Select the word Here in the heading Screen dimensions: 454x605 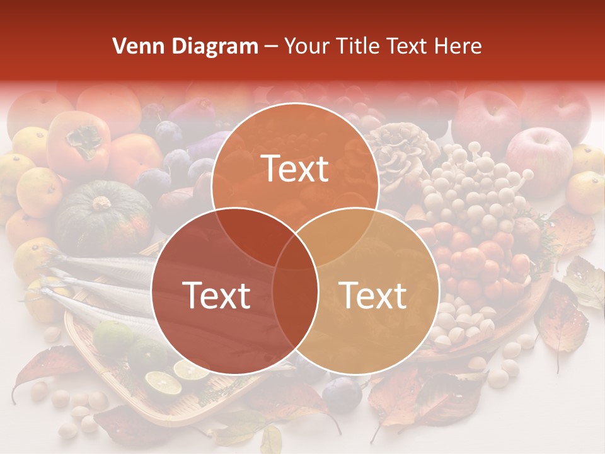(x=459, y=46)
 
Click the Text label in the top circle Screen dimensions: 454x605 (x=295, y=168)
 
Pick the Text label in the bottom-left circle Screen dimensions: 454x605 (x=216, y=295)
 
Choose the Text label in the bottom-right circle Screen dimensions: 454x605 (x=372, y=295)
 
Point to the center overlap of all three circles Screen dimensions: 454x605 (x=295, y=252)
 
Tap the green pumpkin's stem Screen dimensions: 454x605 (x=101, y=203)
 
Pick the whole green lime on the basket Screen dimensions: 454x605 (x=113, y=337)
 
